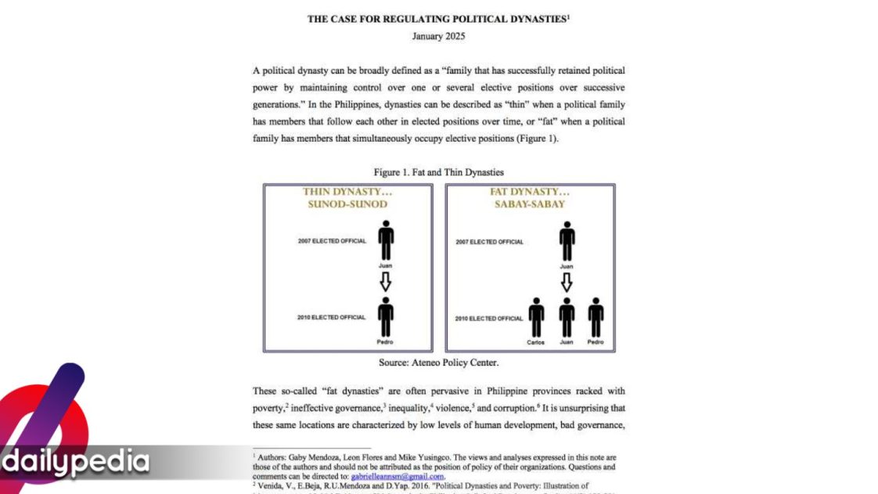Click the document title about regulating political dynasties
[437, 20]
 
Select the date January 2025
[438, 37]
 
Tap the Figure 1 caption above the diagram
[438, 171]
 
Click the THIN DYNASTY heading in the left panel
[347, 192]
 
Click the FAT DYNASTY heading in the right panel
[530, 192]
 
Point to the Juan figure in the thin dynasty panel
[385, 240]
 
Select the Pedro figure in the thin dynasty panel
[385, 317]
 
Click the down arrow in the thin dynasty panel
[385, 283]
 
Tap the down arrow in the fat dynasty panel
[567, 283]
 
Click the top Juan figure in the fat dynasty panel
[567, 240]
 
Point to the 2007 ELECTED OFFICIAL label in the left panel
[331, 241]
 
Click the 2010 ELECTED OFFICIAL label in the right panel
[488, 319]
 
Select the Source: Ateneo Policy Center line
[438, 362]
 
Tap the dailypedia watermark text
[76, 461]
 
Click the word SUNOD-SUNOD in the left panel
[347, 204]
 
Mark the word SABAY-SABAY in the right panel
[530, 204]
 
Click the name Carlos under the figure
[536, 342]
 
